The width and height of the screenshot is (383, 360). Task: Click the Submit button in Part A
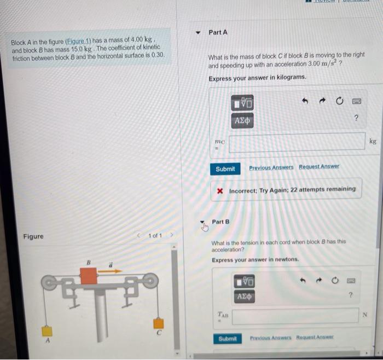tap(225, 169)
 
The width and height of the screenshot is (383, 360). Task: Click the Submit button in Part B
tap(227, 339)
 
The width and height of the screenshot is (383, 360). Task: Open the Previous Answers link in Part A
tap(271, 167)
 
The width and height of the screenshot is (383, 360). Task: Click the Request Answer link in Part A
tap(319, 166)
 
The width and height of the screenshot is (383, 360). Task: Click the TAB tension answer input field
tap(295, 315)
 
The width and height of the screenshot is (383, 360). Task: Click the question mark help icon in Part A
tap(356, 118)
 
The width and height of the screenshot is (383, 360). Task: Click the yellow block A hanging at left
tap(48, 330)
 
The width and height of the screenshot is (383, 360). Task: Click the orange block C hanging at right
tap(158, 323)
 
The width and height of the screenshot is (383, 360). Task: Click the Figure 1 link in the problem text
tap(78, 40)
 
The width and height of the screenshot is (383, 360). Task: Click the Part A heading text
tap(218, 32)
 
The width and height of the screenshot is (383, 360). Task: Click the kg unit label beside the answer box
tap(373, 141)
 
